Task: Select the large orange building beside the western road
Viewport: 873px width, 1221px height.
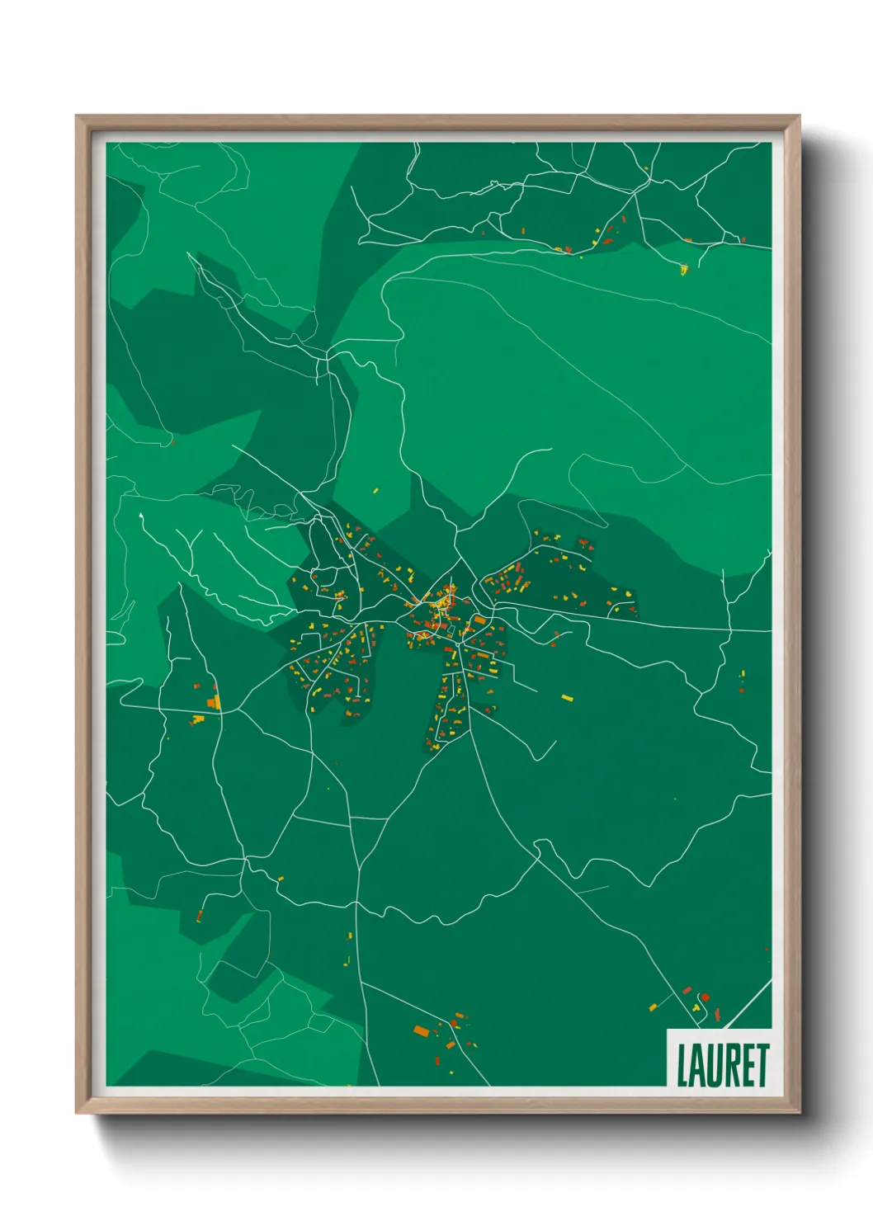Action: (x=214, y=702)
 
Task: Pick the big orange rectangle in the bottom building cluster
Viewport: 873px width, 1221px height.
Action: (x=422, y=1030)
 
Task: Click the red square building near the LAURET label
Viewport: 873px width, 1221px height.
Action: (x=705, y=997)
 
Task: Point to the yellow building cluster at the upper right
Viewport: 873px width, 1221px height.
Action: (x=683, y=267)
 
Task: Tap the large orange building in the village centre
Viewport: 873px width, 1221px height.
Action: (x=479, y=620)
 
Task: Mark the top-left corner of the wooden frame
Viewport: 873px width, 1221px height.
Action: (x=77, y=116)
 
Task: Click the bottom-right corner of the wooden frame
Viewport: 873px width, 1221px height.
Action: (x=800, y=1113)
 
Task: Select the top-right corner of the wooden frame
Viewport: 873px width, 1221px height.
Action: (x=800, y=116)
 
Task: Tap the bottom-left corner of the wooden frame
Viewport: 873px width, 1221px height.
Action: (x=77, y=1113)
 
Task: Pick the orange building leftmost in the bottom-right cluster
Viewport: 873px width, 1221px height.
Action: (x=654, y=1007)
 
